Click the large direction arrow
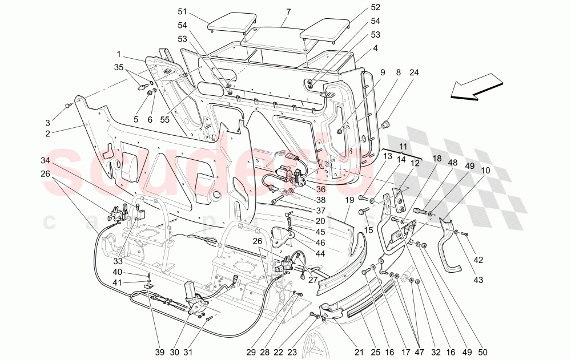(476, 88)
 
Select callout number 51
(182, 12)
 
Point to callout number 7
(288, 12)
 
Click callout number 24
(414, 72)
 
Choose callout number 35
(118, 67)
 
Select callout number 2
(47, 134)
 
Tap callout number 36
(320, 189)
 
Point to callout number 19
(349, 200)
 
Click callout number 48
(453, 163)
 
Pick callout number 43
(477, 280)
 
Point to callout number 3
(48, 122)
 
